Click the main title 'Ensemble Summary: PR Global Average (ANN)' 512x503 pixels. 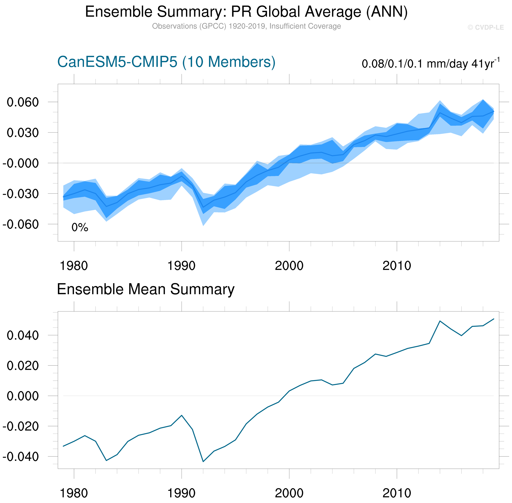246,12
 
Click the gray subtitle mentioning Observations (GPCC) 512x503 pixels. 246,26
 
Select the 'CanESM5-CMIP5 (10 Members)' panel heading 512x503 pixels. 166,62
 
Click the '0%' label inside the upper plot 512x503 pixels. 80,227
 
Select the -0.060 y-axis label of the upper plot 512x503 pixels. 21,225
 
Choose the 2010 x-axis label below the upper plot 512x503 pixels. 397,266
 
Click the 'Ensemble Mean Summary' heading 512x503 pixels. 146,289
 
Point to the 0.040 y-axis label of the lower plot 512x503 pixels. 23,336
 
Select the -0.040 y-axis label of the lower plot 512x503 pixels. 21,457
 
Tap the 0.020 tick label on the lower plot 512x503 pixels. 23,366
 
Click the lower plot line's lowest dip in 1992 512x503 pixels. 203,462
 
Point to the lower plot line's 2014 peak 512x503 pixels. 440,321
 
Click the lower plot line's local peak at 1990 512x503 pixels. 182,415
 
